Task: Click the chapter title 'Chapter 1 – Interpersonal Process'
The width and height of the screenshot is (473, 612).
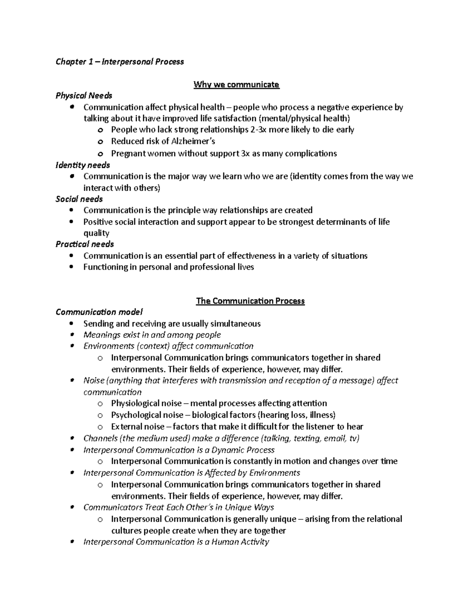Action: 119,61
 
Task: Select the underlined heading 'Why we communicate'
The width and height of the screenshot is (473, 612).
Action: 236,84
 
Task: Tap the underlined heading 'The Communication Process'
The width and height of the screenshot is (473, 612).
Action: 250,301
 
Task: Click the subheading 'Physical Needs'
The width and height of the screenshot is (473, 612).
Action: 84,96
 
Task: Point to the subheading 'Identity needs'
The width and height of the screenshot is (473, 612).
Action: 82,165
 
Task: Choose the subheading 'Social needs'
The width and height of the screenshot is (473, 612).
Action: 79,199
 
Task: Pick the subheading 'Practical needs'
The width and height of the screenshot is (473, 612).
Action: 84,244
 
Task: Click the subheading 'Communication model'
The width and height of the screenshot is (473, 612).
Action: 99,312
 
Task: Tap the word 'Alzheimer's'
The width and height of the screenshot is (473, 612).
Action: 193,141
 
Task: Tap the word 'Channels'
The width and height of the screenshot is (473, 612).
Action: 100,438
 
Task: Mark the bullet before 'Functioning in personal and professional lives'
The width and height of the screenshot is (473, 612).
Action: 71,267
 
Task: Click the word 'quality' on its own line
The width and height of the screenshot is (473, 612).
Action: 96,233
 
